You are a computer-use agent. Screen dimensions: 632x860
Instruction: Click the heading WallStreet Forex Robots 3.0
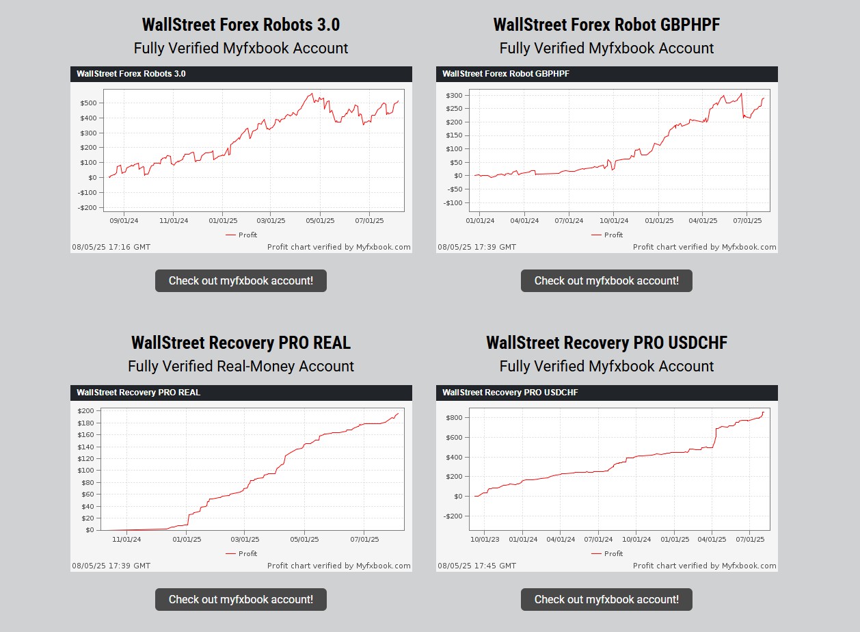click(x=241, y=25)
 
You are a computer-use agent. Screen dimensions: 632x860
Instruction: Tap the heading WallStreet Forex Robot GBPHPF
click(x=606, y=25)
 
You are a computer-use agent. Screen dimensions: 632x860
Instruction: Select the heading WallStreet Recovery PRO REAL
click(x=241, y=343)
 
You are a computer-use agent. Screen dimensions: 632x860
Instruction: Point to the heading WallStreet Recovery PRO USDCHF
click(x=606, y=343)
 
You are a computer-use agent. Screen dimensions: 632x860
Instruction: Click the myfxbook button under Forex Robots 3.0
click(x=241, y=280)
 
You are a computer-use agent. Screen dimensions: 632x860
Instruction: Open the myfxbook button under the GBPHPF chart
click(x=606, y=280)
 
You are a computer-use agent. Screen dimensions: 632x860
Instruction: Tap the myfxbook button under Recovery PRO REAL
click(x=241, y=599)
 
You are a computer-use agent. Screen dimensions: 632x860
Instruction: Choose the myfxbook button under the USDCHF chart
click(x=606, y=599)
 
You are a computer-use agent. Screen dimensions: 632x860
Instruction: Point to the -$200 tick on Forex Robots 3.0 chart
click(x=88, y=208)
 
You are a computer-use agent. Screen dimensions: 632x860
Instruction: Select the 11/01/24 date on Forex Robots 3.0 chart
click(x=173, y=221)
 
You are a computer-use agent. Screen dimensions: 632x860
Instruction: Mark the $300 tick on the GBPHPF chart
click(x=454, y=96)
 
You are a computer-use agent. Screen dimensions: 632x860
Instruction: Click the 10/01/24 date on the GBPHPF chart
click(x=613, y=221)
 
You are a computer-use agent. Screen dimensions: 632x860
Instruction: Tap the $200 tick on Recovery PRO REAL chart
click(x=86, y=411)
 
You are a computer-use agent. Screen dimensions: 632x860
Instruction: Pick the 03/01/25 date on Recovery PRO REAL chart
click(x=245, y=540)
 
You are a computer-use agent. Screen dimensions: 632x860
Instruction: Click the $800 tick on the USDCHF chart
click(x=454, y=418)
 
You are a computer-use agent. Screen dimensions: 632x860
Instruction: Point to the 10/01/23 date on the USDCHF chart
click(x=485, y=540)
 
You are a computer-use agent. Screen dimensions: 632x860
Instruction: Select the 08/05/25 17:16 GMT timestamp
click(x=111, y=247)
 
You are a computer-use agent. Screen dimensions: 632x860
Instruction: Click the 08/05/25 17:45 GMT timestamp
click(x=477, y=566)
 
